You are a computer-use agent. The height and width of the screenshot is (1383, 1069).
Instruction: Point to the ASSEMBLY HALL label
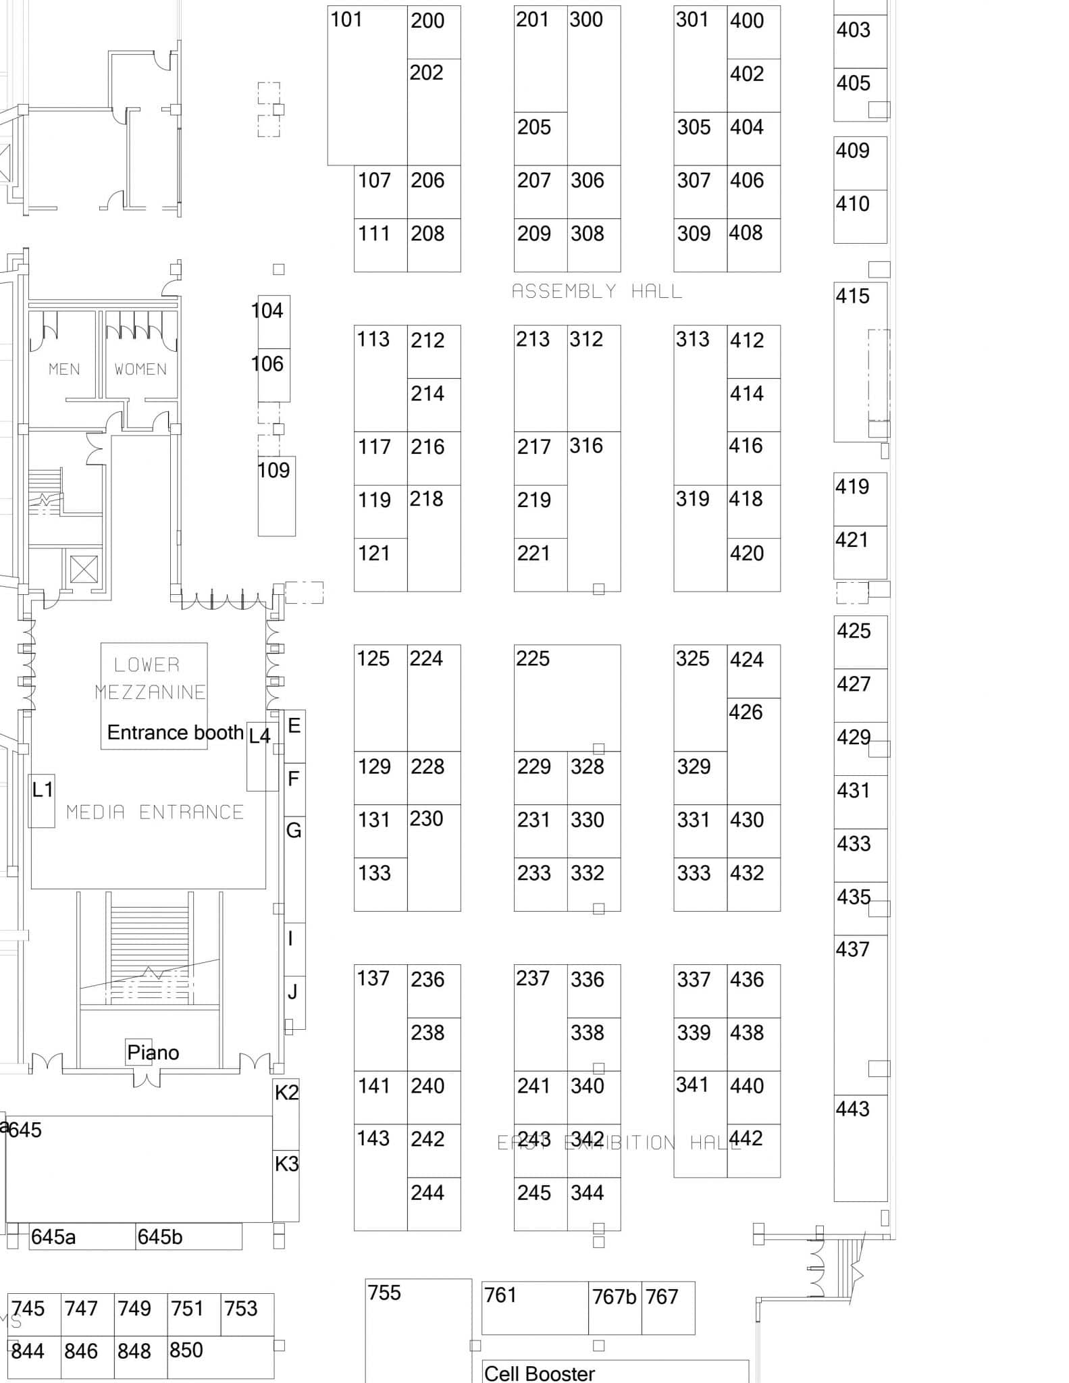tap(597, 292)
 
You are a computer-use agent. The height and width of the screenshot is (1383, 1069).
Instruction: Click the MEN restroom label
tap(64, 369)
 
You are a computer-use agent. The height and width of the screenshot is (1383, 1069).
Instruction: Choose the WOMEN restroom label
tap(140, 369)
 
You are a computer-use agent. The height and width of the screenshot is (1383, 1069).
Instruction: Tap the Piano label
tap(153, 1053)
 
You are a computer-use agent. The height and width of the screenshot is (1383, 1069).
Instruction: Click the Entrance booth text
tap(175, 733)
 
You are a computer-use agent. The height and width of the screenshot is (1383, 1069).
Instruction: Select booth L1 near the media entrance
tap(42, 800)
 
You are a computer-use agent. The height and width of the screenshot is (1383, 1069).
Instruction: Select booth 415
tap(852, 362)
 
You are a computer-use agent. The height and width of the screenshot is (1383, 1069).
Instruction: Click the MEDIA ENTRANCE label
tap(155, 812)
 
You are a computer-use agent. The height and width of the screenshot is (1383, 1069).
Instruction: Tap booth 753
tap(247, 1314)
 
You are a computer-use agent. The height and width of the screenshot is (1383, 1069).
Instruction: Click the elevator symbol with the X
tap(84, 569)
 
